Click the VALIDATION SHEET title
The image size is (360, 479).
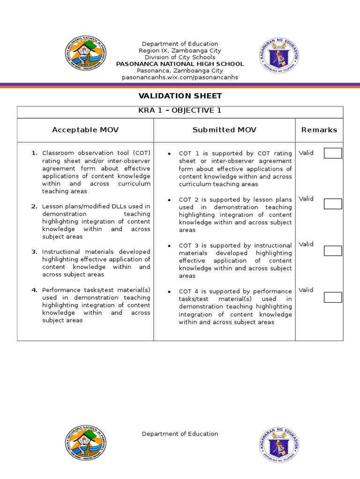coord(180,96)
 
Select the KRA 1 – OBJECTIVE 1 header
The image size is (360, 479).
coord(180,111)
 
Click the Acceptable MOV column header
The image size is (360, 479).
coord(85,130)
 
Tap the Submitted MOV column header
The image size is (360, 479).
coord(224,130)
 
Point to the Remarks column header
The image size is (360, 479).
coord(319,130)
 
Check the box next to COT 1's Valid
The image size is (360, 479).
coord(333,153)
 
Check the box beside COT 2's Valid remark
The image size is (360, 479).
coord(333,204)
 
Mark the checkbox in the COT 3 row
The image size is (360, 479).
coord(333,251)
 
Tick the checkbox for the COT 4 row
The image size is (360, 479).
coord(333,297)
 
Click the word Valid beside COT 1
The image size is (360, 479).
coord(306,153)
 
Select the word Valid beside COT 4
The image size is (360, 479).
coord(306,290)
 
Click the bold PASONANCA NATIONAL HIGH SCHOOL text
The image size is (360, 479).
coord(180,64)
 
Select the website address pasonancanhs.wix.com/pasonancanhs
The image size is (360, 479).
coord(180,77)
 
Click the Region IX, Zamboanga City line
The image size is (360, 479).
coord(180,51)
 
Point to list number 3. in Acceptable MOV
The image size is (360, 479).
coord(34,252)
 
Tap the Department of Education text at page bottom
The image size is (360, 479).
coord(180,434)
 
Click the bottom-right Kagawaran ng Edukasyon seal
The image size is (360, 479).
coord(279,443)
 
